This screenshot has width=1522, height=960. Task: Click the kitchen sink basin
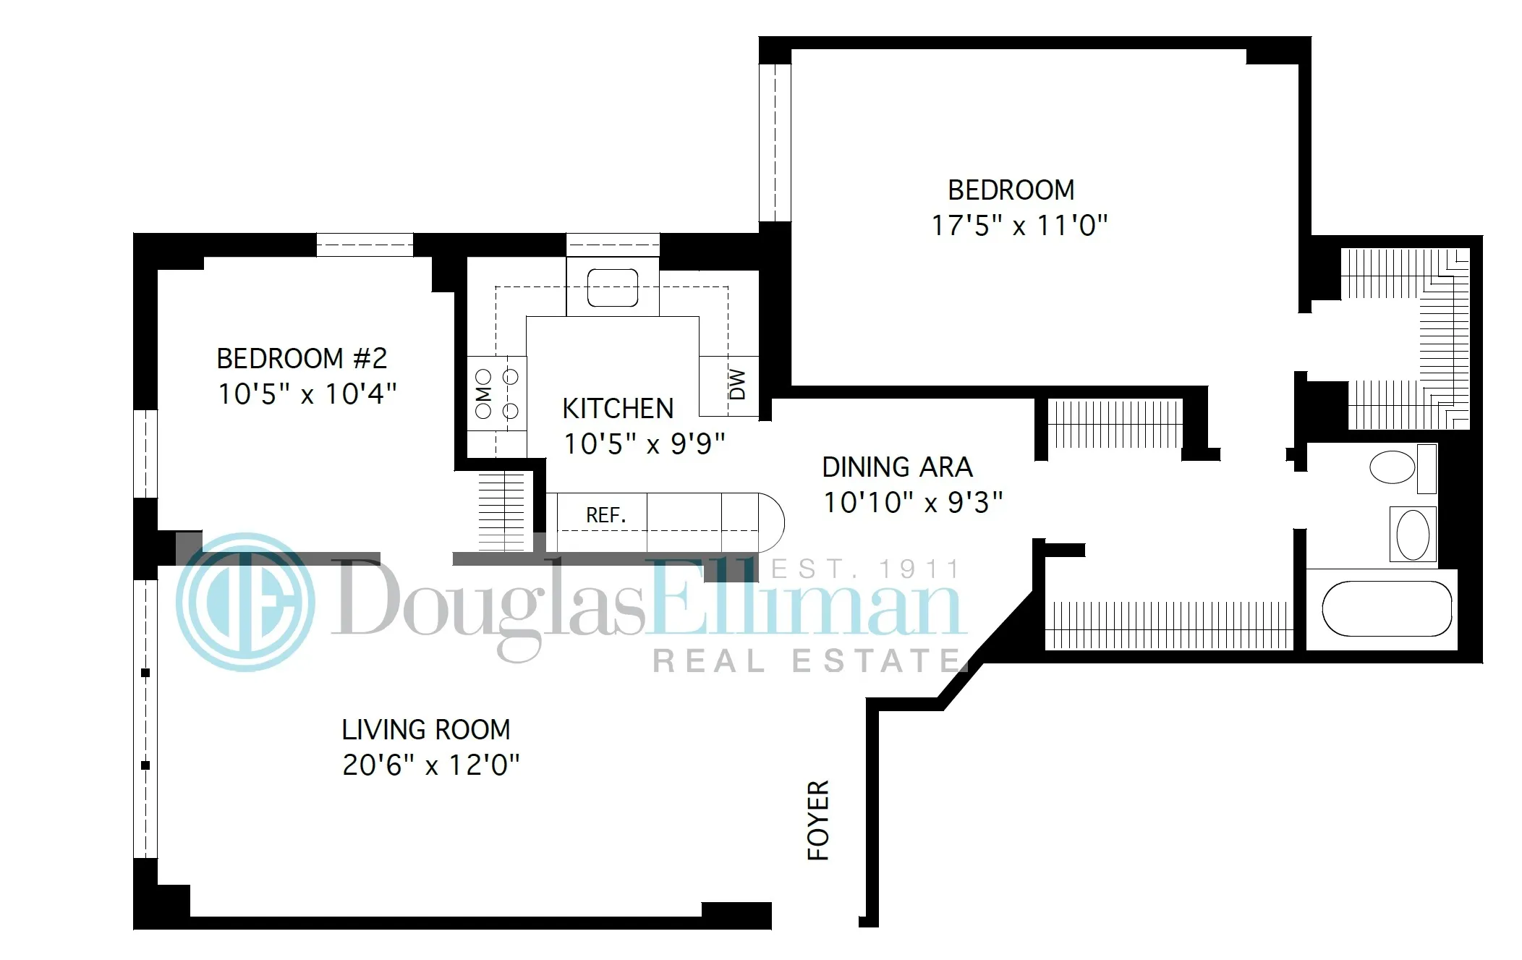click(x=612, y=288)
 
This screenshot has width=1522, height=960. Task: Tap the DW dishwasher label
click(x=737, y=386)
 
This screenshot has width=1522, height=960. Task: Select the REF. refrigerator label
click(x=605, y=515)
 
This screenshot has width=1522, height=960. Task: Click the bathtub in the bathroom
click(x=1387, y=608)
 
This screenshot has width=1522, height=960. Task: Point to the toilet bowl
click(x=1393, y=467)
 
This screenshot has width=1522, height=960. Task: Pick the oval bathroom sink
click(x=1412, y=535)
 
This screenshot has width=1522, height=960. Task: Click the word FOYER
click(x=818, y=820)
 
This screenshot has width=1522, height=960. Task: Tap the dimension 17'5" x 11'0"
click(x=1019, y=226)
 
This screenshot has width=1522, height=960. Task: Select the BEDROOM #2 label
click(x=302, y=358)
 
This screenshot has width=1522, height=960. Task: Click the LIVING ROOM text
click(x=426, y=729)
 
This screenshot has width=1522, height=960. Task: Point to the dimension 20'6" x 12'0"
click(x=431, y=765)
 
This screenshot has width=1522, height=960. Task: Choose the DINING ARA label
click(x=897, y=467)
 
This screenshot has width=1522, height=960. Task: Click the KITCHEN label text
click(x=618, y=409)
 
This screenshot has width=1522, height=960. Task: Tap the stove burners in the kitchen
click(x=497, y=394)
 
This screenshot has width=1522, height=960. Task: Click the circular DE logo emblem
click(x=245, y=602)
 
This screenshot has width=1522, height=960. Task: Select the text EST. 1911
click(x=865, y=570)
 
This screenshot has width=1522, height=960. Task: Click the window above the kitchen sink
click(x=613, y=245)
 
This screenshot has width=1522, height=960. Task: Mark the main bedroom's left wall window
click(x=775, y=143)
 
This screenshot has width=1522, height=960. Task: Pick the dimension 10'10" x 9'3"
click(x=913, y=502)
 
